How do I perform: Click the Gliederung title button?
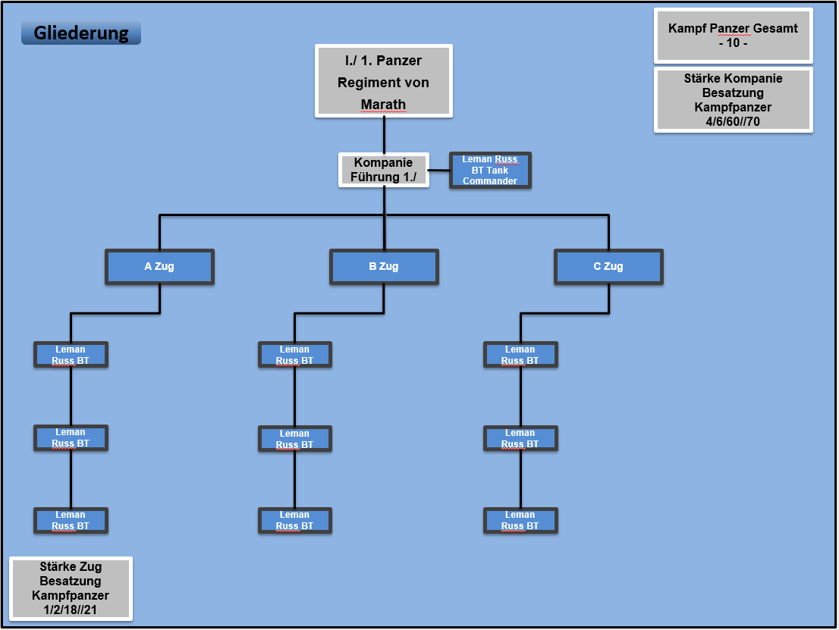pos(81,33)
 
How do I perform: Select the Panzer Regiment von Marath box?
pos(384,81)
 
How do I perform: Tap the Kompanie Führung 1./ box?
pos(384,170)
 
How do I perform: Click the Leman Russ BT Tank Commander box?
pos(490,171)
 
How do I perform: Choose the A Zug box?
pos(159,267)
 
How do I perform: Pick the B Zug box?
pos(384,267)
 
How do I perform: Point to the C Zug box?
pos(608,267)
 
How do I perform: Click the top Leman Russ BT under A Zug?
pos(71,355)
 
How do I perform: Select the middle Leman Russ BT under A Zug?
pos(71,438)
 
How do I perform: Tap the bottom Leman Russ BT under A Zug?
pos(71,520)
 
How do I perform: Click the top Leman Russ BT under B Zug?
pos(295,355)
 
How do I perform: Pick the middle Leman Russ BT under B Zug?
pos(295,439)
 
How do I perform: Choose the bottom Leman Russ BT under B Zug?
pos(295,520)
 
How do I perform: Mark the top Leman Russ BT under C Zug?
pos(520,355)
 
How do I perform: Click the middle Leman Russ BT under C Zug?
pos(520,438)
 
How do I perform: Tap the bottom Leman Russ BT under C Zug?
pos(520,520)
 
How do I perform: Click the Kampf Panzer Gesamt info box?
pos(733,36)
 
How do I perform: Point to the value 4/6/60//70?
pos(733,122)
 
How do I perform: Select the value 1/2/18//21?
pos(71,610)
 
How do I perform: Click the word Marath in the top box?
pos(384,105)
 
